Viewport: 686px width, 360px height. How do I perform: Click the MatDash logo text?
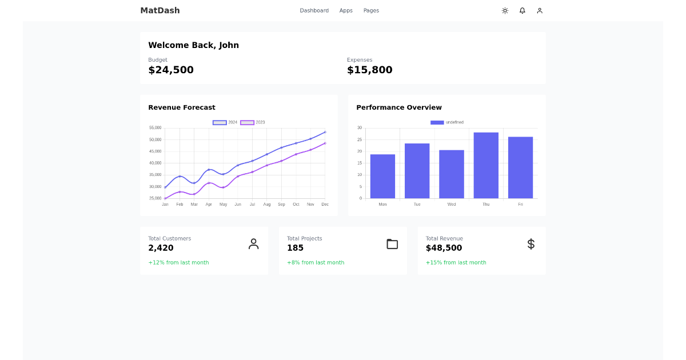(x=160, y=10)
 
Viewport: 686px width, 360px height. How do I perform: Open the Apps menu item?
(x=346, y=10)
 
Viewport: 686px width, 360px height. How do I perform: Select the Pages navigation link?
(x=371, y=10)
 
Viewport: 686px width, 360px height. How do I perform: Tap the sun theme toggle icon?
(x=505, y=10)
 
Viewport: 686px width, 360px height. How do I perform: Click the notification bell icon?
(x=522, y=10)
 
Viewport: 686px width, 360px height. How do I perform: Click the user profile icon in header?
(x=540, y=10)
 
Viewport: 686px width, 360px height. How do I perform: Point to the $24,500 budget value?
(x=171, y=70)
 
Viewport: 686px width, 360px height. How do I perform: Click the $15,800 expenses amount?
(x=369, y=70)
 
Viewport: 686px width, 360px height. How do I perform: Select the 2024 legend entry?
(x=225, y=122)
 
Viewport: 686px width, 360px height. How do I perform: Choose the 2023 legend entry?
(x=253, y=122)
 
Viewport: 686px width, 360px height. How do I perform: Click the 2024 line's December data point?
(x=325, y=132)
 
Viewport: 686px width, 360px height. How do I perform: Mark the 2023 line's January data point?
(x=165, y=198)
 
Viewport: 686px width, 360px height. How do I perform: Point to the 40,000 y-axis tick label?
(x=155, y=163)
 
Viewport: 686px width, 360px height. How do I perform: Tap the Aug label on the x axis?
(x=267, y=204)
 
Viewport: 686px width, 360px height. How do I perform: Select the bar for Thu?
(x=486, y=165)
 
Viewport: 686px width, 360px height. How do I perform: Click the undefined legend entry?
(x=447, y=122)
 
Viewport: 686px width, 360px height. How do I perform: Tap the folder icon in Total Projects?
(x=392, y=244)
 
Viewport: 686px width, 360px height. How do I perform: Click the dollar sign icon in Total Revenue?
(x=531, y=244)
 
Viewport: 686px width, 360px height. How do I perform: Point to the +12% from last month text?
(x=178, y=263)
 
